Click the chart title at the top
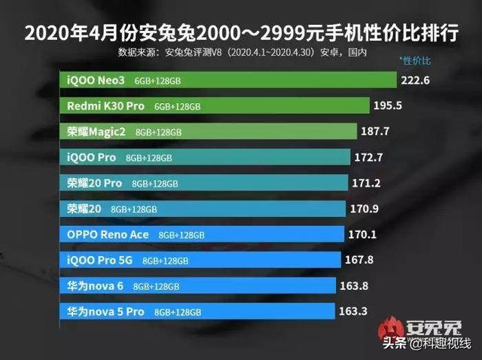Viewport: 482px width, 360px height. point(241,34)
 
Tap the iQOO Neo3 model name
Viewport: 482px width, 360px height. point(95,81)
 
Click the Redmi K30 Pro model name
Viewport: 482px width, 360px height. point(105,106)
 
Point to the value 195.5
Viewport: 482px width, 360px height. point(390,106)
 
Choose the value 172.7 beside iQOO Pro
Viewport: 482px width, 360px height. point(370,157)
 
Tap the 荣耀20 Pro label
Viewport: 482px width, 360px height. point(94,183)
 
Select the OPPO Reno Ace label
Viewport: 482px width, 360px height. point(108,234)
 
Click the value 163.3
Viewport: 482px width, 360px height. point(355,310)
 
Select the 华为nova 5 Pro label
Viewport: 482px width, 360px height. point(105,310)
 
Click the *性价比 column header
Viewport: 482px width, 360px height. point(416,59)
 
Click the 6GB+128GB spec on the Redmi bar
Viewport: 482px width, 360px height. point(178,107)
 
